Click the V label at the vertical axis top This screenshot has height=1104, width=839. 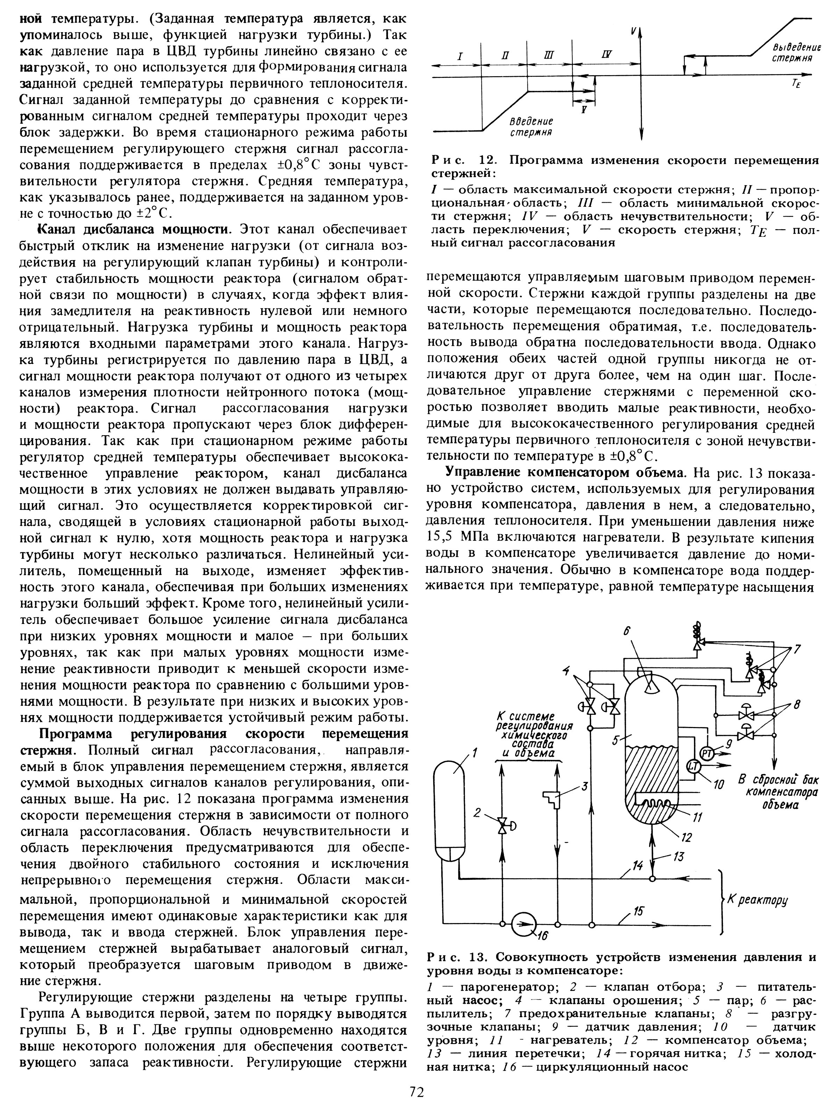pos(633,32)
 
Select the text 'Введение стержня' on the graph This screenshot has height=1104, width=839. pos(531,127)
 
